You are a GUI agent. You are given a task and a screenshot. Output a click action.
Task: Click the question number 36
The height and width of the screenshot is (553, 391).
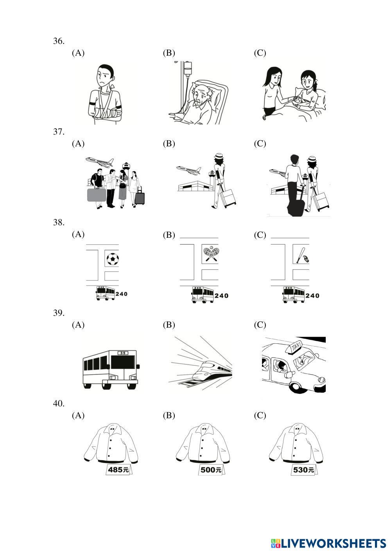(x=59, y=41)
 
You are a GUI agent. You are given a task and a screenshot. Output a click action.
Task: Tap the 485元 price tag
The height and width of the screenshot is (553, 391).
(x=118, y=470)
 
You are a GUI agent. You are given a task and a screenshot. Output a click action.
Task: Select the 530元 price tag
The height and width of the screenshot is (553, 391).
(x=303, y=470)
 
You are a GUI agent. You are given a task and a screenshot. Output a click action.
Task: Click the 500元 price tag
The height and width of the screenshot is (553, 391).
(x=211, y=470)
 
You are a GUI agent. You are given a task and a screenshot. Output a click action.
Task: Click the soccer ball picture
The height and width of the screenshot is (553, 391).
(x=112, y=259)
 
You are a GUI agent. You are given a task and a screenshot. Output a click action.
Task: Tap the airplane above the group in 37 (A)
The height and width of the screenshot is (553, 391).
(x=100, y=161)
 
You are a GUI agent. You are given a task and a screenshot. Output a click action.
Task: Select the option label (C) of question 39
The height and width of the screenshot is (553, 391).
(x=260, y=325)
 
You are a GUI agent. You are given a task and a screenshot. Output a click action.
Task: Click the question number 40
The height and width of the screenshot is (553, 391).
(x=59, y=403)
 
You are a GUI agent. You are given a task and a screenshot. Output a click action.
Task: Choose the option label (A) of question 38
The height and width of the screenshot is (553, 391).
(x=78, y=234)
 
